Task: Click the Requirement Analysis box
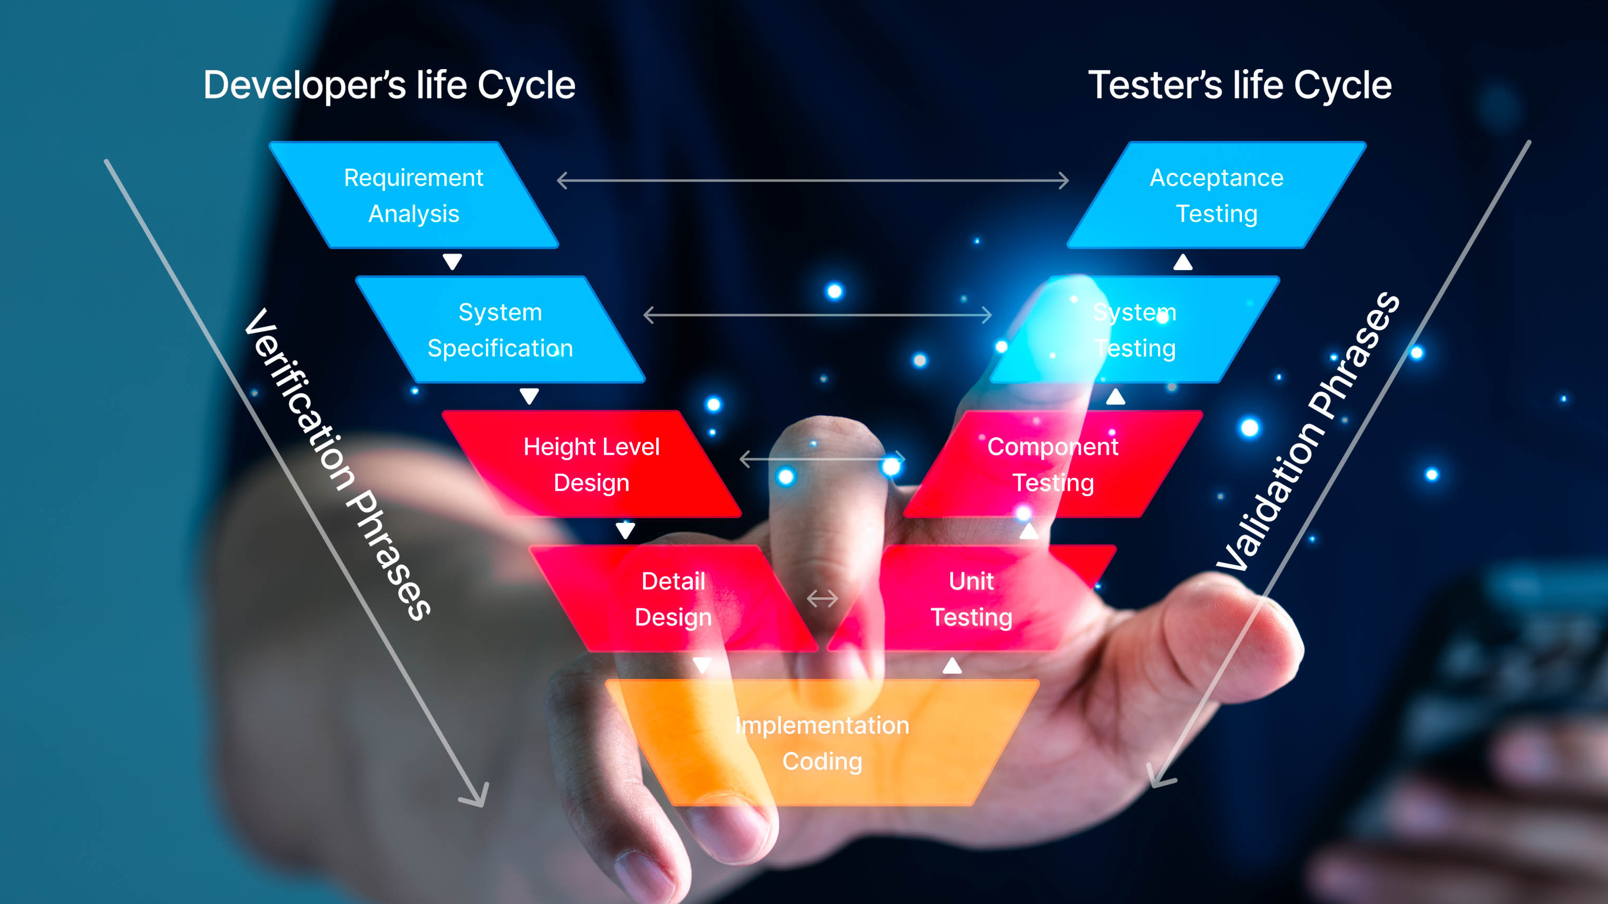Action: (413, 195)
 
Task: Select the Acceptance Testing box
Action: (1217, 195)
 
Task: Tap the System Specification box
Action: (500, 330)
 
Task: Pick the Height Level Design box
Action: (591, 465)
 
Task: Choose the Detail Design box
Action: (673, 599)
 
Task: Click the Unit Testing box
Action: (971, 599)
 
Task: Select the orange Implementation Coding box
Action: (822, 742)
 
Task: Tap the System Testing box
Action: (1135, 330)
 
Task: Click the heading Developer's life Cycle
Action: (389, 85)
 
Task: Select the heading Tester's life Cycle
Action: (1240, 85)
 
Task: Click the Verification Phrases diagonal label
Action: (337, 465)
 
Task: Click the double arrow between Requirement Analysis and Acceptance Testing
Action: (812, 181)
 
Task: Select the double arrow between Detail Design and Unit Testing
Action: (822, 599)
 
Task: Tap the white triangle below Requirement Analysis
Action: (452, 261)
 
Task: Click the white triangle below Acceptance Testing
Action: (1182, 262)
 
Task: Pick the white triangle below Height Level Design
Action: (625, 530)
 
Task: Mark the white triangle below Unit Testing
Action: (952, 666)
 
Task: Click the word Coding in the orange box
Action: (822, 762)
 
